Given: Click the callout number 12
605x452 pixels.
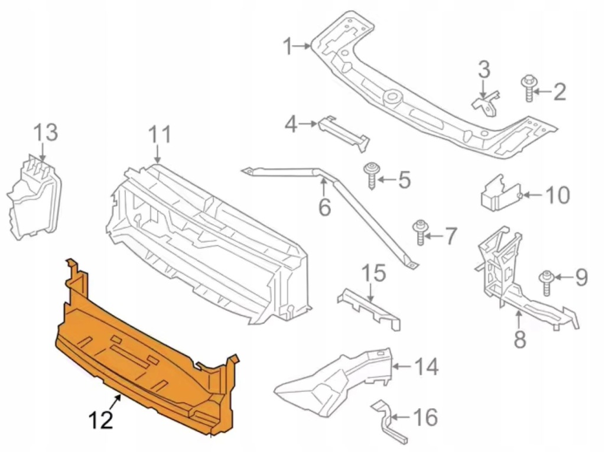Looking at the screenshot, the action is tap(101, 420).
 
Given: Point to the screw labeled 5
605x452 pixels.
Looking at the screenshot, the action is tap(371, 176).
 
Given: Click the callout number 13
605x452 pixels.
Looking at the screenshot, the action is tap(45, 132).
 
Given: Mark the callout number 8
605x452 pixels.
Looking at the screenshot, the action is tap(520, 340).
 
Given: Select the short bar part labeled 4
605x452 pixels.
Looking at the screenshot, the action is tap(343, 133).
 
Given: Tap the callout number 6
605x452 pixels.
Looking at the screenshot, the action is tap(324, 207).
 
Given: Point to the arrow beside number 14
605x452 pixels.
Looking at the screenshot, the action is tap(402, 366).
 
